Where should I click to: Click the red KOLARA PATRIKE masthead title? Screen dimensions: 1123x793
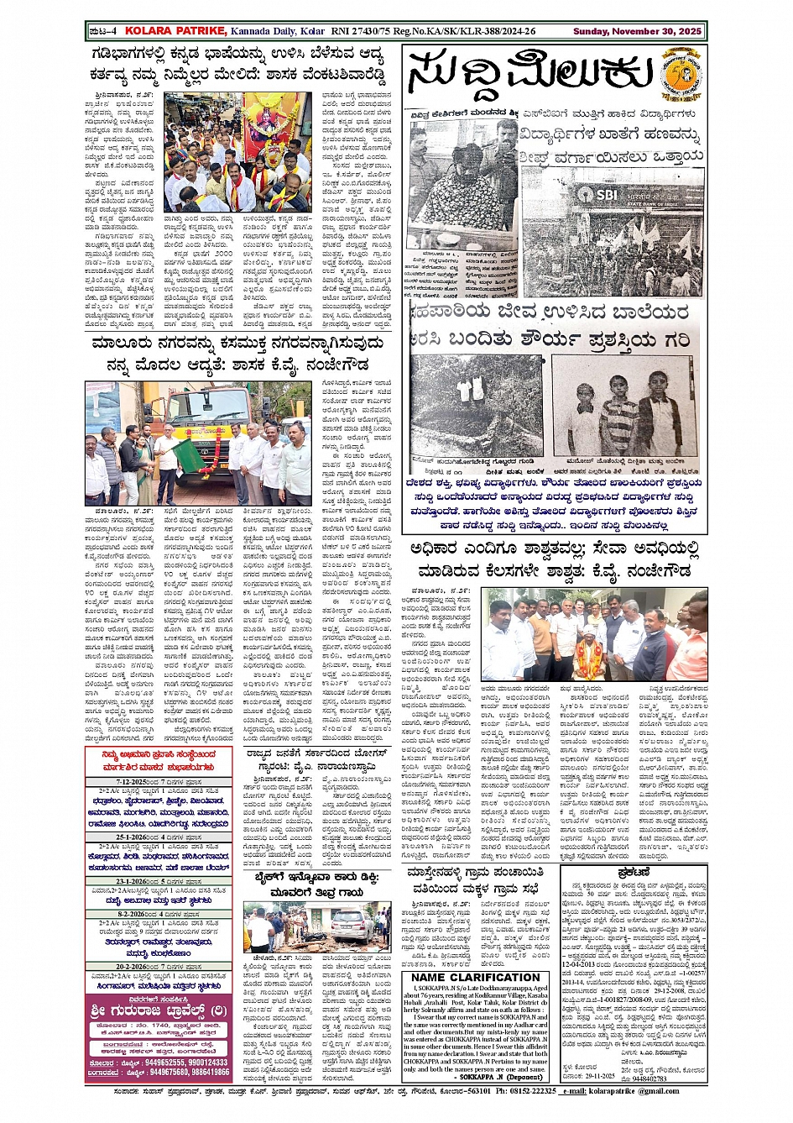(x=175, y=31)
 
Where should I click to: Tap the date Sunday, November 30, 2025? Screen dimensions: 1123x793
(x=637, y=31)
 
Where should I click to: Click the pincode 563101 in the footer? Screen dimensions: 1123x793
(x=477, y=1091)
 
